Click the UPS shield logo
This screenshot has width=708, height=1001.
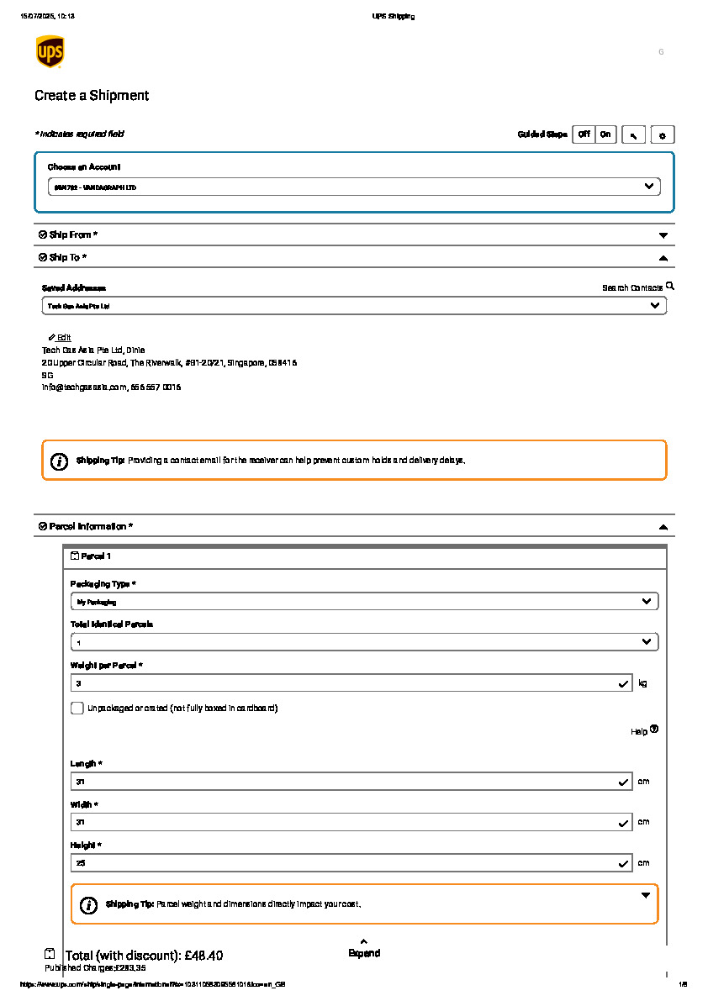click(50, 51)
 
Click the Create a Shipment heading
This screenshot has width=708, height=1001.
click(92, 96)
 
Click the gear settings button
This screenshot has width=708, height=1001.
click(663, 134)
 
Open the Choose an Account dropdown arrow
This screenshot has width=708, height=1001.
click(648, 186)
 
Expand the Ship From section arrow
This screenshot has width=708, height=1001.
click(663, 235)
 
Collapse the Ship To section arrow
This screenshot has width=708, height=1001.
click(663, 258)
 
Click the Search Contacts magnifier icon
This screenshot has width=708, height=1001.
click(670, 287)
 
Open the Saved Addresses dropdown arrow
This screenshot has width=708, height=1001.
click(655, 306)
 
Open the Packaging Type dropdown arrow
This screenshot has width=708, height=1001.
click(646, 602)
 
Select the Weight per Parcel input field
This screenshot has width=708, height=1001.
click(345, 684)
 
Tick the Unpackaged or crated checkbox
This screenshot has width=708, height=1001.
click(77, 709)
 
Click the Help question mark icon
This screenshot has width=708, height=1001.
click(654, 730)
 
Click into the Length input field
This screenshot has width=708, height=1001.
click(345, 782)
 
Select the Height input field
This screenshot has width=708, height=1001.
click(345, 863)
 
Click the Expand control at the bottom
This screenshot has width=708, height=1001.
click(364, 949)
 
